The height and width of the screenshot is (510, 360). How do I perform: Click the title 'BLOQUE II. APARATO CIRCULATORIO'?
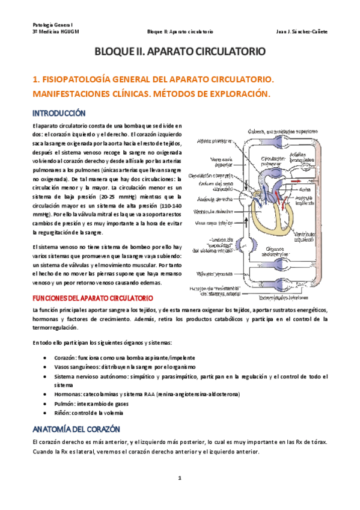click(x=180, y=53)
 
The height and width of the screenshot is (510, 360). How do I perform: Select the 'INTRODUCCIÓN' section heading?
click(x=59, y=113)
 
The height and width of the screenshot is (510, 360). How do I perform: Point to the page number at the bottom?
click(x=180, y=478)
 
